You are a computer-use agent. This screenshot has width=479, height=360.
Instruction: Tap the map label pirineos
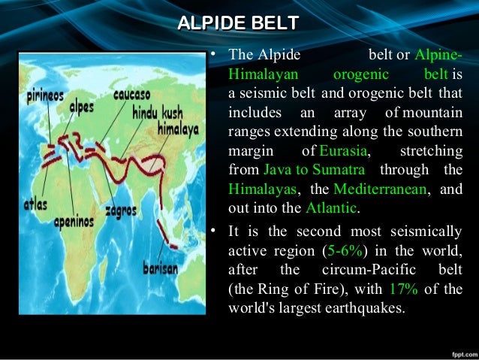[x=44, y=96]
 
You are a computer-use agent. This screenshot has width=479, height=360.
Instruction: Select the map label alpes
[x=82, y=107]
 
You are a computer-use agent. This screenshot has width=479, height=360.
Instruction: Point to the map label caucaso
[x=132, y=96]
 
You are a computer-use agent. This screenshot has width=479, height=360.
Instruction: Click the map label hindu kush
[x=157, y=113]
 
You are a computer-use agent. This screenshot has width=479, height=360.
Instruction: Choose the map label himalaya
[x=177, y=129]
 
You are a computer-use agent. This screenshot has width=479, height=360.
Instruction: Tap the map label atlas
[x=35, y=204]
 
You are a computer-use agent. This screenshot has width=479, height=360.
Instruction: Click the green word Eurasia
[x=343, y=152]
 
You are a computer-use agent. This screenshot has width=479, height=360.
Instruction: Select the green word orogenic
[x=360, y=74]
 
